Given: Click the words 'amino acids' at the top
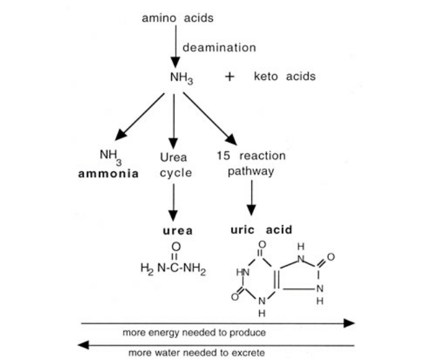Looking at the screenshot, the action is tap(178, 18).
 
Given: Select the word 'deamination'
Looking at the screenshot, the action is tap(219, 48).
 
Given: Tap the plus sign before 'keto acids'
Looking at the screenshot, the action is tap(229, 76).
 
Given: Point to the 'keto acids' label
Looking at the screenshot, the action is tap(285, 76).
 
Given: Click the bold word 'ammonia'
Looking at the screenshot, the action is tap(108, 174).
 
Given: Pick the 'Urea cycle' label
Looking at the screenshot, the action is tap(176, 165).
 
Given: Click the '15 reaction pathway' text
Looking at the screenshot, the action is tap(251, 163).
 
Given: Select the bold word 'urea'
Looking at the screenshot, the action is tap(178, 231).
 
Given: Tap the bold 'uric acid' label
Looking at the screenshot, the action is tap(261, 230).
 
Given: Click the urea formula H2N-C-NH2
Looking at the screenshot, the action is tap(173, 268).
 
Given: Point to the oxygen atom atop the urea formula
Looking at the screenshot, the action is tap(176, 247).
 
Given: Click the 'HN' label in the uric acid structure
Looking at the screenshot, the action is tap(243, 273).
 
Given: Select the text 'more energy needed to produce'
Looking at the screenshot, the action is tap(194, 333).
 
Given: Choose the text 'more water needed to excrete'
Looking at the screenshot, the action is tap(197, 353).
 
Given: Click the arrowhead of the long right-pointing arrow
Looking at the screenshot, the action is tap(349, 323).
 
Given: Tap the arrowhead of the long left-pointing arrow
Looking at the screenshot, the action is tap(83, 345).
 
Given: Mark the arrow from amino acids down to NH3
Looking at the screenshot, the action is tap(176, 46).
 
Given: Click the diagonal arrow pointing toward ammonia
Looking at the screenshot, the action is tap(139, 117).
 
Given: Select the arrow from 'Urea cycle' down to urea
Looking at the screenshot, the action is tap(173, 203).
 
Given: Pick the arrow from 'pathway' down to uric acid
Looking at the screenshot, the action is tap(251, 198).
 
